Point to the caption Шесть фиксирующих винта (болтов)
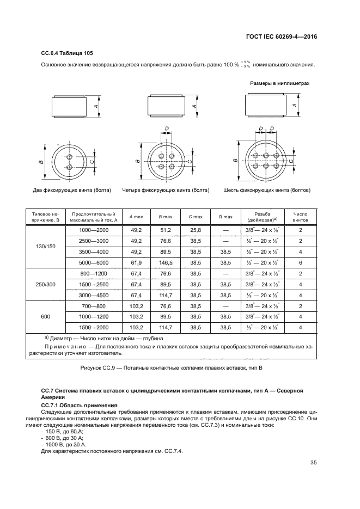267,191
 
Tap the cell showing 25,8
195,230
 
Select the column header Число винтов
301,217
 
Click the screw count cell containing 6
301,261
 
